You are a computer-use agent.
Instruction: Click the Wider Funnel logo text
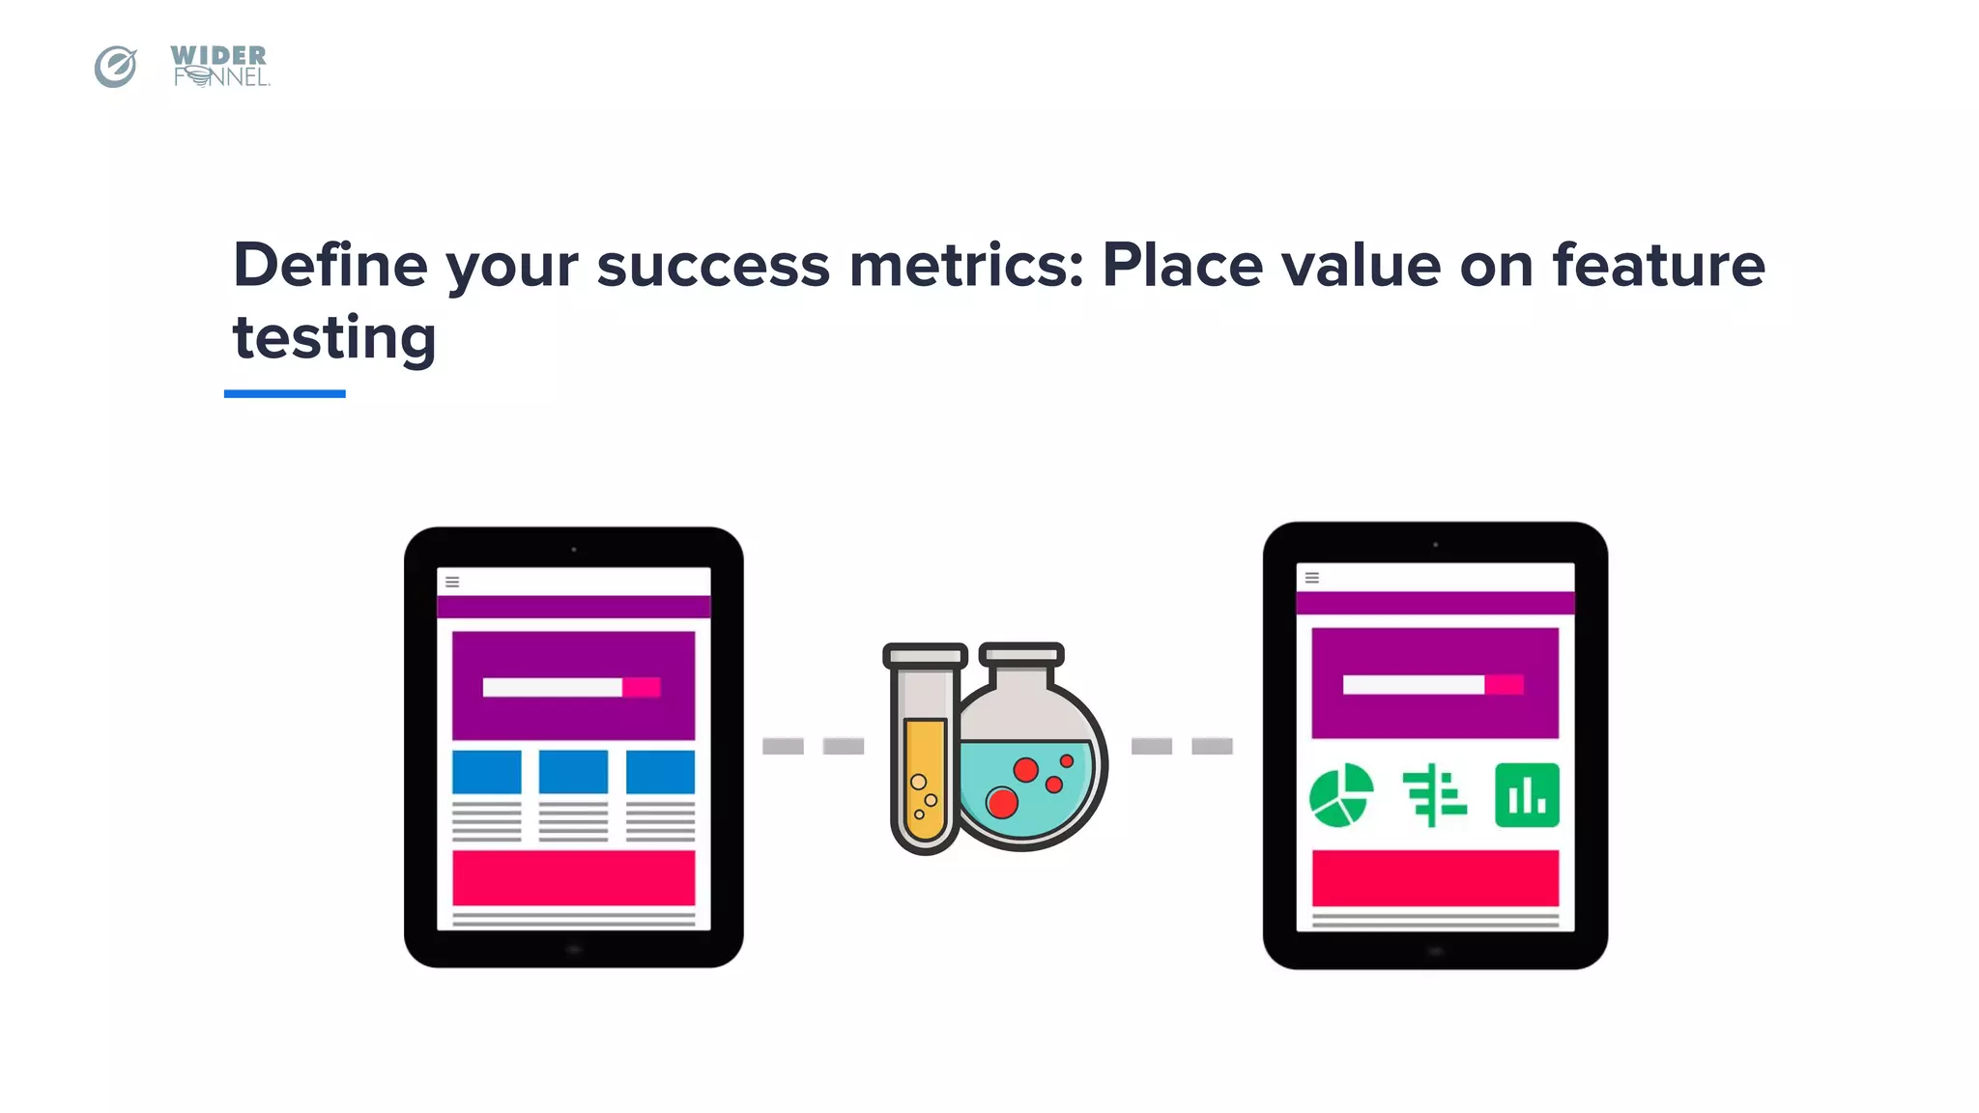pyautogui.click(x=219, y=66)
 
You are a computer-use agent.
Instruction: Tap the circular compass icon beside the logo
pyautogui.click(x=115, y=67)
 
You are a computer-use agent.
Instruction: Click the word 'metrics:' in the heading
pyautogui.click(x=966, y=265)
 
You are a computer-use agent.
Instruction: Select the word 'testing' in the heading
pyautogui.click(x=334, y=338)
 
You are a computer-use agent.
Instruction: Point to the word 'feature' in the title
pyautogui.click(x=1658, y=265)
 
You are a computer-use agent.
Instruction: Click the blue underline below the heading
pyautogui.click(x=284, y=393)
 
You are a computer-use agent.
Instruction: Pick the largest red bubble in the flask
pyautogui.click(x=1002, y=802)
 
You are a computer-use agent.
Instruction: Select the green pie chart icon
pyautogui.click(x=1340, y=795)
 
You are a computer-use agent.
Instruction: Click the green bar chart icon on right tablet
pyautogui.click(x=1527, y=795)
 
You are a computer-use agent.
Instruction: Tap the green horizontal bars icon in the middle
pyautogui.click(x=1435, y=795)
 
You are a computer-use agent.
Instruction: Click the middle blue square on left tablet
pyautogui.click(x=573, y=771)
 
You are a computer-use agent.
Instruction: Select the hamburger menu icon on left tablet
pyautogui.click(x=452, y=582)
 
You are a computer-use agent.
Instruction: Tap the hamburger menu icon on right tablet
pyautogui.click(x=1312, y=578)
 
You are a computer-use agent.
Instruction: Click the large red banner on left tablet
pyautogui.click(x=573, y=877)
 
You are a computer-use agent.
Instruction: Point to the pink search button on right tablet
pyautogui.click(x=1504, y=685)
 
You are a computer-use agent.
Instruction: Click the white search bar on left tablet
pyautogui.click(x=552, y=687)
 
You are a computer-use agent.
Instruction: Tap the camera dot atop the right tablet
pyautogui.click(x=1435, y=545)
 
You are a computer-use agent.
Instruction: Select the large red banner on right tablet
pyautogui.click(x=1435, y=877)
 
